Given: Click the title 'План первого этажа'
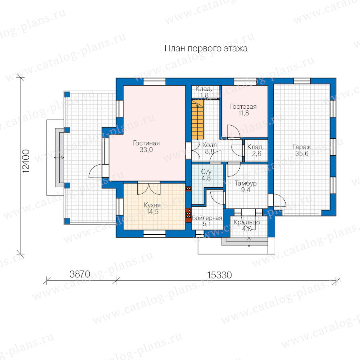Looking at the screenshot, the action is coord(206,49).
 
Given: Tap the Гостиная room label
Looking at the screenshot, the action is coord(146,146).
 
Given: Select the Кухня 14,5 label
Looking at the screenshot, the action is coord(152,208).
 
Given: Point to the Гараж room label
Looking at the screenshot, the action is coord(302,150).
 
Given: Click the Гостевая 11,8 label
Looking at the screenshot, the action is coord(243,110).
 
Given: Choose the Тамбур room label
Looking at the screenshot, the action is coord(246,186).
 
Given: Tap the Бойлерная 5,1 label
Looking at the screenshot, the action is coord(207,221).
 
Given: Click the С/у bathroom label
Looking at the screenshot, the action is coord(206,175).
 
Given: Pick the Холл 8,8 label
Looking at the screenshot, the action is coord(209,148).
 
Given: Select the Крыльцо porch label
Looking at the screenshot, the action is coord(247,226).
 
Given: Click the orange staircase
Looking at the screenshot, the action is coord(198,119).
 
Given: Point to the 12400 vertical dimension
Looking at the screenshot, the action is coord(26,161).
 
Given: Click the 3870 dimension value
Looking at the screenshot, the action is coord(80,274).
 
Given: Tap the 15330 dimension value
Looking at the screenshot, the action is coord(220,275).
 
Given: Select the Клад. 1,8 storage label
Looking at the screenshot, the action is coord(204,92).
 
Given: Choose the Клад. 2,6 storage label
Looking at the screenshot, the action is coord(256,150).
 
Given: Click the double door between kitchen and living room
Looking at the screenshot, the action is coord(149,188).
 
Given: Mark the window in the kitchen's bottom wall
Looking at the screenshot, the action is coord(154,234).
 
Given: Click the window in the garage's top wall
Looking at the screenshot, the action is coord(302,81).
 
